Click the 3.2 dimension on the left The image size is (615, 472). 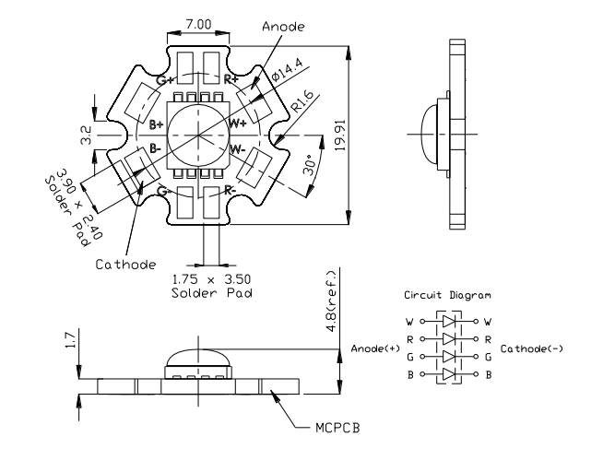point(86,136)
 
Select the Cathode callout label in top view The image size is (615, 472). point(124,265)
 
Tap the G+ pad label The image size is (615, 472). point(164,81)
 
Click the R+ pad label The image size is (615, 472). point(232,81)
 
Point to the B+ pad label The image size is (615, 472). point(157,123)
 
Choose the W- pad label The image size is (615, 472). point(237,148)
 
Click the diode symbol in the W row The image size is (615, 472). point(449,322)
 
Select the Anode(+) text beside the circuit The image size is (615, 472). point(373,348)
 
